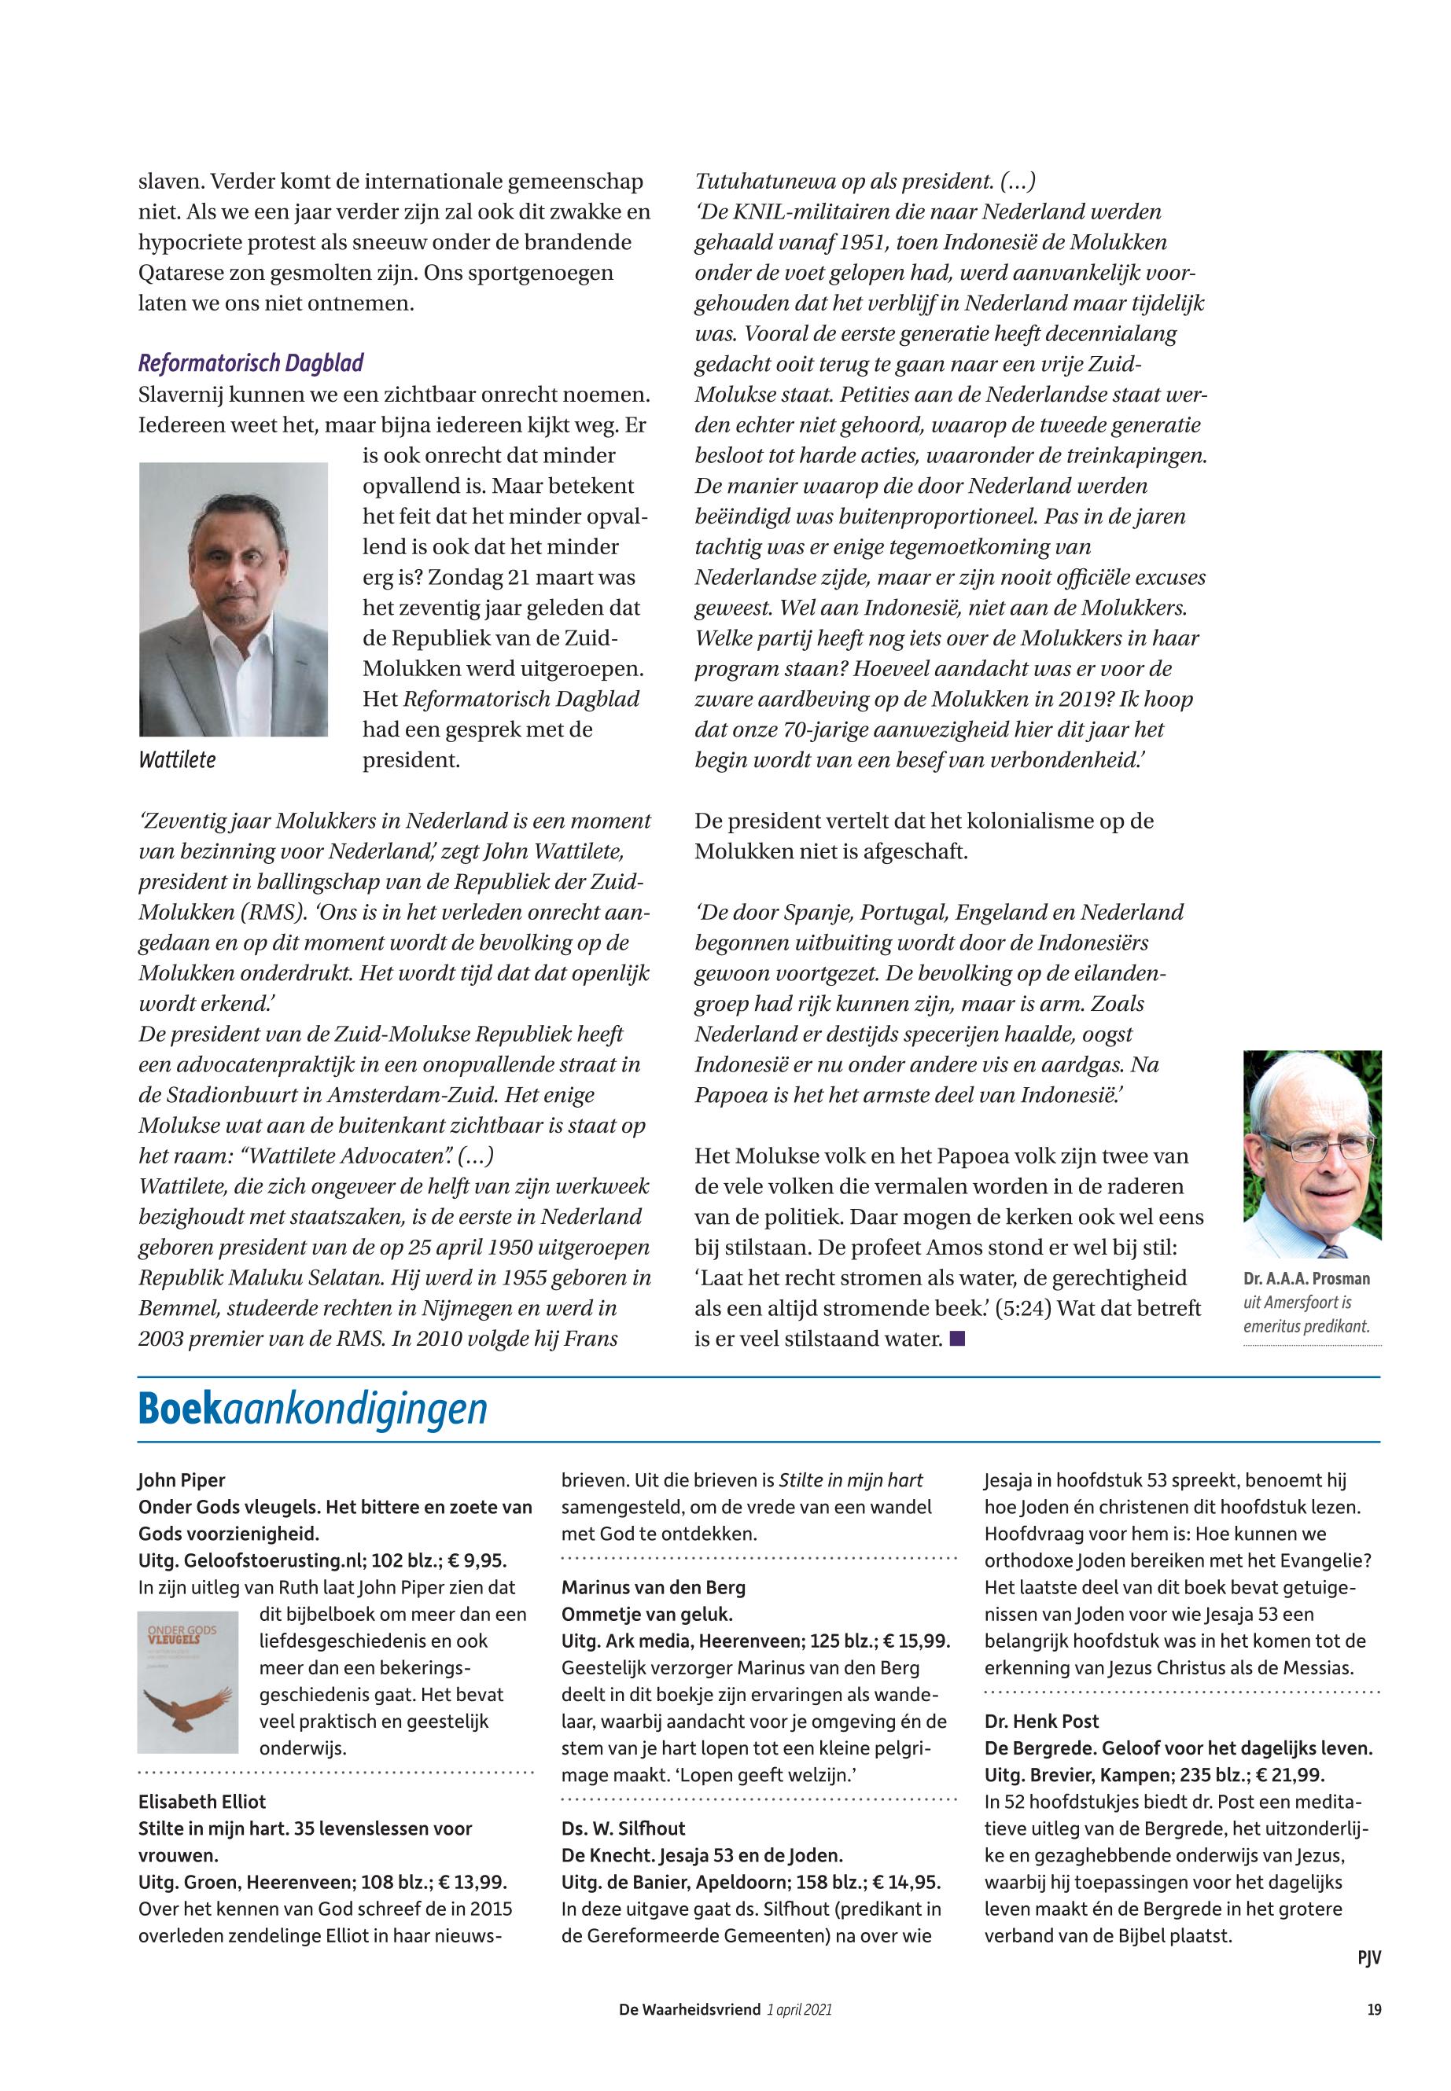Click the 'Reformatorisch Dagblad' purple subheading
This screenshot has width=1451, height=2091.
(x=251, y=363)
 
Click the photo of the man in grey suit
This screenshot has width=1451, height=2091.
(x=234, y=599)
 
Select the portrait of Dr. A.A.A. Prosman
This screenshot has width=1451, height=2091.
(x=1312, y=1154)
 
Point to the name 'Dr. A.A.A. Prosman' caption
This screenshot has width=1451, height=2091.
(x=1306, y=1279)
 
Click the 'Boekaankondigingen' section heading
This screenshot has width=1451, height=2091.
(x=313, y=1409)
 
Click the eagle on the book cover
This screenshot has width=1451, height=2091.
(x=187, y=1709)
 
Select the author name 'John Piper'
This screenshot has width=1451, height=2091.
(x=182, y=1480)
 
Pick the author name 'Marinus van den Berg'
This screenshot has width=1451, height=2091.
(x=653, y=1588)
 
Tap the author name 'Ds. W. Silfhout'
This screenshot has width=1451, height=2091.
(x=623, y=1828)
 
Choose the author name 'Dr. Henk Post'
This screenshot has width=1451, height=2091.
(x=1041, y=1722)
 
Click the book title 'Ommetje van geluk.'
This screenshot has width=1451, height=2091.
(x=646, y=1615)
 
